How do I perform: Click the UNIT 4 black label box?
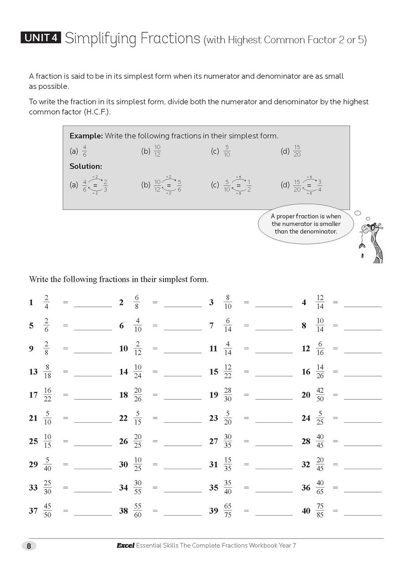[x=41, y=38]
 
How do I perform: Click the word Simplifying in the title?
[x=101, y=39]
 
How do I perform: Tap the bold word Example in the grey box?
[x=86, y=136]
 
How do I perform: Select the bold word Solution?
[x=86, y=166]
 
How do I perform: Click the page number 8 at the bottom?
[x=29, y=546]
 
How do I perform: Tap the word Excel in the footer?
[x=125, y=546]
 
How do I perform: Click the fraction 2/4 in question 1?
[x=47, y=302]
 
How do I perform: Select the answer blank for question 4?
[x=363, y=303]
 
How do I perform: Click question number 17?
[x=33, y=395]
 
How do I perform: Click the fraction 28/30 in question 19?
[x=228, y=394]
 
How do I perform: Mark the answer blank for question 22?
[x=182, y=419]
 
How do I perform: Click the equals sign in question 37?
[x=66, y=510]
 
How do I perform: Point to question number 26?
[x=123, y=441]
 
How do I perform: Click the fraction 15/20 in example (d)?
[x=297, y=151]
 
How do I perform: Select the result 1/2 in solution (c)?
[x=249, y=185]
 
